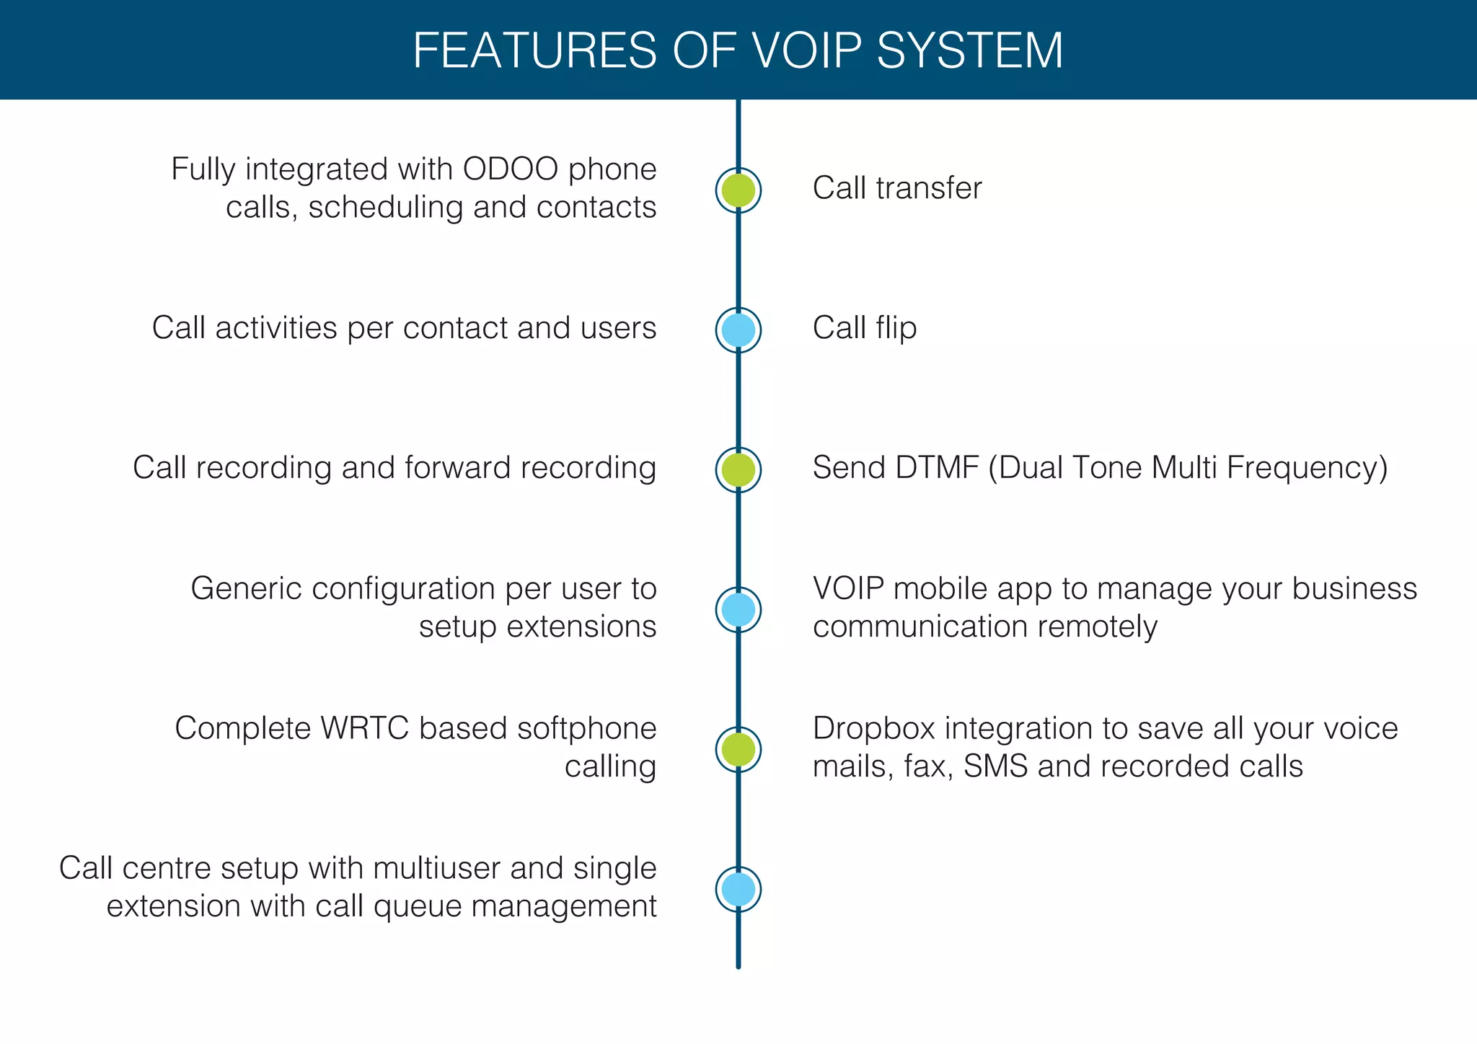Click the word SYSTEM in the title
pyautogui.click(x=969, y=50)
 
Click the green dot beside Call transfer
pyautogui.click(x=738, y=190)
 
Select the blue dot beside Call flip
pyautogui.click(x=738, y=330)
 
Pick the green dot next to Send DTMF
pyautogui.click(x=738, y=470)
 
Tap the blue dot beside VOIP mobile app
pyautogui.click(x=738, y=610)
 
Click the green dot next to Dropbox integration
pyautogui.click(x=738, y=750)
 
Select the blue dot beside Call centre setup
pyautogui.click(x=738, y=890)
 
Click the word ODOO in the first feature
pyautogui.click(x=511, y=169)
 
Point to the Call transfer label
pyautogui.click(x=896, y=188)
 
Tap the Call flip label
pyautogui.click(x=864, y=328)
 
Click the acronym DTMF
pyautogui.click(x=937, y=468)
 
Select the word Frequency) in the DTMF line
pyautogui.click(x=1307, y=468)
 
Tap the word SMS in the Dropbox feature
pyautogui.click(x=995, y=766)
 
